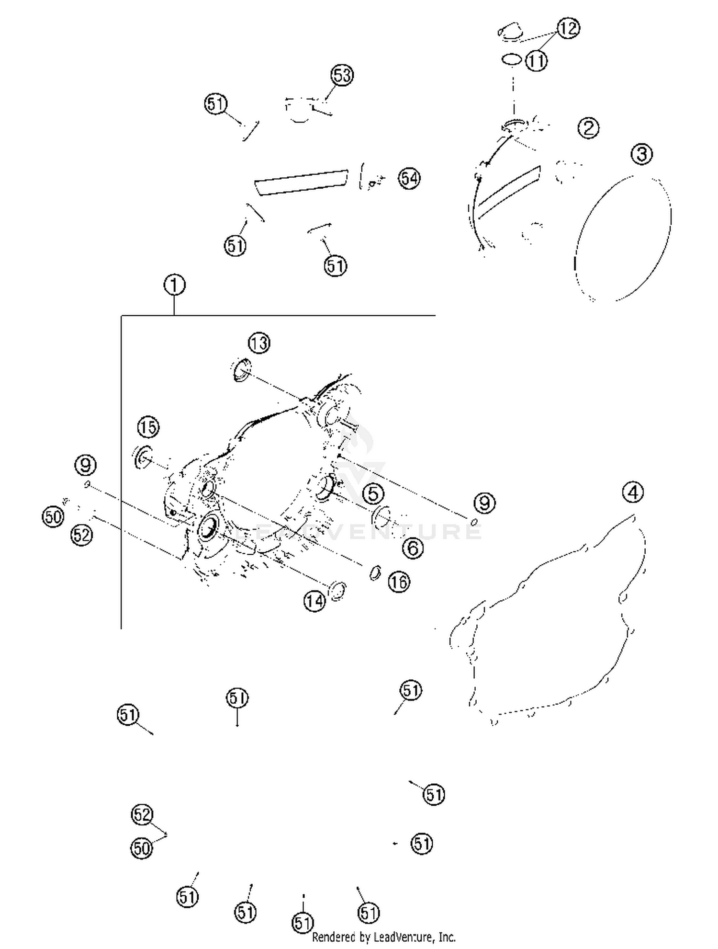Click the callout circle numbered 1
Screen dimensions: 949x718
(174, 286)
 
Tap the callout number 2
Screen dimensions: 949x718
(588, 128)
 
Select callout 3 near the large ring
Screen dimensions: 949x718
(641, 154)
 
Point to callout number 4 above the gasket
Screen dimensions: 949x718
(633, 492)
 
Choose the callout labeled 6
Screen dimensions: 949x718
(413, 548)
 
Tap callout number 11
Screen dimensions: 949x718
(537, 61)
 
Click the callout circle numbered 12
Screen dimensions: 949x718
(568, 28)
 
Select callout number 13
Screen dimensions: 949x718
(259, 343)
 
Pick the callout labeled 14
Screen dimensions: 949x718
(314, 601)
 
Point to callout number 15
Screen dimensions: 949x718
(148, 427)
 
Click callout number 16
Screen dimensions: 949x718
(399, 582)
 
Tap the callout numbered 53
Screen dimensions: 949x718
(342, 75)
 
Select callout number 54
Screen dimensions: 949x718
(409, 179)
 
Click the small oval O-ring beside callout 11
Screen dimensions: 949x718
(511, 60)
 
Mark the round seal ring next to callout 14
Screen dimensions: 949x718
(338, 591)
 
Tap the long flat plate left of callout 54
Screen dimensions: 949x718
(301, 182)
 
